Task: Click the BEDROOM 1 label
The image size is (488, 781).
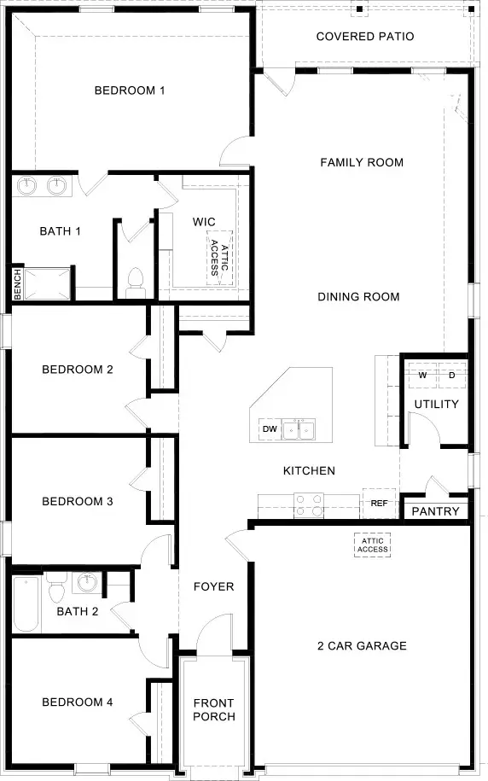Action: click(x=130, y=90)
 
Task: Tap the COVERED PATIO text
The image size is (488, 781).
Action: click(x=365, y=37)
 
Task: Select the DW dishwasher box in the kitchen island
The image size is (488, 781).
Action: click(x=269, y=428)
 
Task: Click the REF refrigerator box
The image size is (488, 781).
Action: click(x=380, y=504)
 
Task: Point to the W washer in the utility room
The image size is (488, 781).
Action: click(x=422, y=375)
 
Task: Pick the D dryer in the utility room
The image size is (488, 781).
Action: click(x=451, y=375)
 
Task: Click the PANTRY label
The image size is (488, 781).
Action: click(x=436, y=511)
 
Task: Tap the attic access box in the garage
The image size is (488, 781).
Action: click(x=373, y=544)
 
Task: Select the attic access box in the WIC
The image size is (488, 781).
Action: click(x=219, y=254)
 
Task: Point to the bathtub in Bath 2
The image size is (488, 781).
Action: click(x=26, y=603)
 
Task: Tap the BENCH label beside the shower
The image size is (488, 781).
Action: click(x=17, y=284)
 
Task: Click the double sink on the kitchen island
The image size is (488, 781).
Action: click(x=299, y=428)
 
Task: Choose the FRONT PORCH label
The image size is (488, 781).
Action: click(x=213, y=709)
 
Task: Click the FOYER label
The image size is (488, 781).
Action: click(x=213, y=586)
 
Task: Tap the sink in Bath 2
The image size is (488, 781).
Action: click(x=86, y=584)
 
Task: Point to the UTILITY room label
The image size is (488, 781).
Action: click(x=437, y=404)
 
